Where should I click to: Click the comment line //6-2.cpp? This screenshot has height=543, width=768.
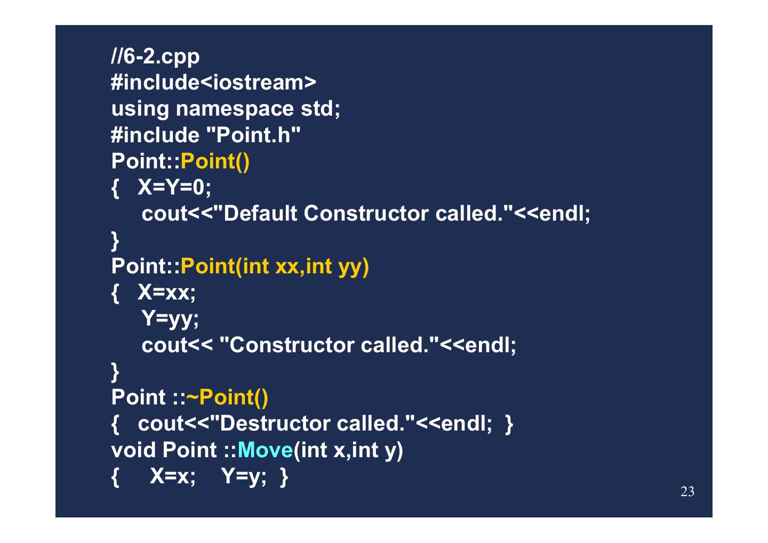[155, 56]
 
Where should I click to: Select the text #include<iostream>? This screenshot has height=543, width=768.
[213, 82]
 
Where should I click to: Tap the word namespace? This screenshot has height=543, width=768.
[235, 109]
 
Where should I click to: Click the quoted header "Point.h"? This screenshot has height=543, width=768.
[253, 135]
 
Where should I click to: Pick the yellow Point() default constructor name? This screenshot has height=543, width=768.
[215, 161]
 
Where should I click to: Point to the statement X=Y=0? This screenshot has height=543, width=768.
[174, 187]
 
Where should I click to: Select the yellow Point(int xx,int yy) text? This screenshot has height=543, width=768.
[275, 266]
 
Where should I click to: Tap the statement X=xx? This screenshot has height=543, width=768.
[167, 292]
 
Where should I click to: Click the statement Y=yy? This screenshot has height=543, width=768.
[170, 319]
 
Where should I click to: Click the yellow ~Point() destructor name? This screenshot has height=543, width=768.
[227, 397]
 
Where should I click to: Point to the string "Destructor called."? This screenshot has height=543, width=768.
[311, 424]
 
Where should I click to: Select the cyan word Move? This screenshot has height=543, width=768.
[265, 450]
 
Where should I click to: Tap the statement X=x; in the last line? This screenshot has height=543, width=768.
[173, 476]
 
